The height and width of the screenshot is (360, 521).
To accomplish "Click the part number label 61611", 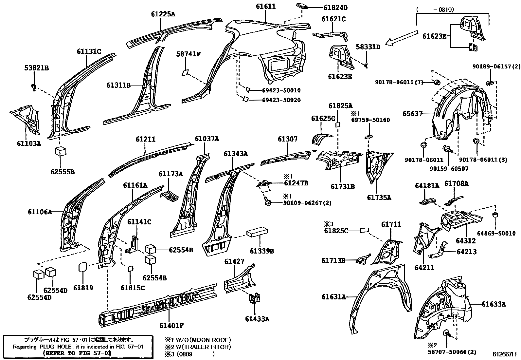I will pos(265,6).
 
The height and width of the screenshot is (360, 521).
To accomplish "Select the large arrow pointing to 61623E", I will pos(402,38).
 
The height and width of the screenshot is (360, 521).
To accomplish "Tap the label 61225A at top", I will pos(163,14).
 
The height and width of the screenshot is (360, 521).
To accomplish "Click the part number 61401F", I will pos(171,326).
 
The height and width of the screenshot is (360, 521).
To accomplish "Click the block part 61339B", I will pos(258,233).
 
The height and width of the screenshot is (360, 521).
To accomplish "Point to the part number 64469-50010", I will pos(496,234).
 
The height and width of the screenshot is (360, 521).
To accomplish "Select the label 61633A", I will pos(494,304).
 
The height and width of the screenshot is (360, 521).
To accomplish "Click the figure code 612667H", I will pos(504,354).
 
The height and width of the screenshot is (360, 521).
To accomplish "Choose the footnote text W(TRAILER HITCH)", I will pos(201,347).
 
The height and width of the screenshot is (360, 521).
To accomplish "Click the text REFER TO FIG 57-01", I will pos(77,353).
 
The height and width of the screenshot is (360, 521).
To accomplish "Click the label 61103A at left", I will pos(29,143).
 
